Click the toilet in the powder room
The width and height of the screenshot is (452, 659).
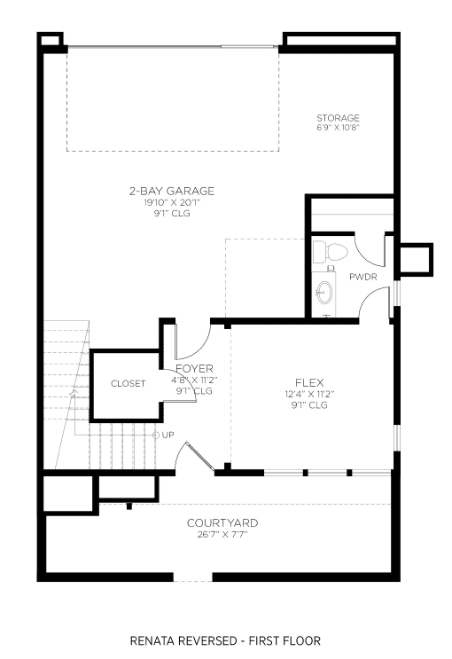331,252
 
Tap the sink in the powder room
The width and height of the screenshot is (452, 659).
323,291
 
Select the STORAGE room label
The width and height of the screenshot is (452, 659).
339,118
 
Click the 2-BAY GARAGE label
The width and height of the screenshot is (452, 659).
172,192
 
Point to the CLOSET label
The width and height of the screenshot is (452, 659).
129,383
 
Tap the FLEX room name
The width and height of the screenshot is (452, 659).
309,382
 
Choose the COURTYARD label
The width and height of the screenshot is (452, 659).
222,522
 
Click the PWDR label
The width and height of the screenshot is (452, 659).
363,277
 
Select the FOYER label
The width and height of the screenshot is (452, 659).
194,369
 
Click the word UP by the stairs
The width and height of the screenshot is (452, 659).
168,435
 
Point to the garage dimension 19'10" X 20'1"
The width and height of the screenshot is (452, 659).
172,203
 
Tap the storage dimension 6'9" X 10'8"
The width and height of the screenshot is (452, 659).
339,128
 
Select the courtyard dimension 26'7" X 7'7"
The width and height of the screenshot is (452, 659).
222,535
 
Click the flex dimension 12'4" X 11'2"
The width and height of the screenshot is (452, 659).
309,394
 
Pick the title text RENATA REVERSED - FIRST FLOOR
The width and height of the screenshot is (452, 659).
225,640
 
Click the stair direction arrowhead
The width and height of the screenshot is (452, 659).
74,393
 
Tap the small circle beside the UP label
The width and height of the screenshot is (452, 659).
156,435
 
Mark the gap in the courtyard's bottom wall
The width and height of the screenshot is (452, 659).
193,577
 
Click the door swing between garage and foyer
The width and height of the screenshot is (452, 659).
193,341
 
